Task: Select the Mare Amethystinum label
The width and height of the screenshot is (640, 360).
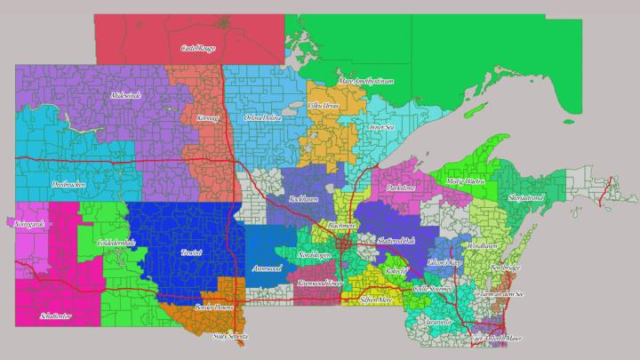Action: pos(365,81)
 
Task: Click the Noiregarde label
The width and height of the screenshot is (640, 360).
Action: pos(28,226)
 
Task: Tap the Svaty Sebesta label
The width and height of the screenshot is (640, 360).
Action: pos(230,337)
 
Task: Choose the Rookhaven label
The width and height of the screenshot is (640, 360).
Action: pos(304,199)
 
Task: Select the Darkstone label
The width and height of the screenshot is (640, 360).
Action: pos(401,188)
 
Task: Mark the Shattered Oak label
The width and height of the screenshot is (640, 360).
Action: pos(396,241)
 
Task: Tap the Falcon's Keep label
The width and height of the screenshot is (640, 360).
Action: pos(444,263)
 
